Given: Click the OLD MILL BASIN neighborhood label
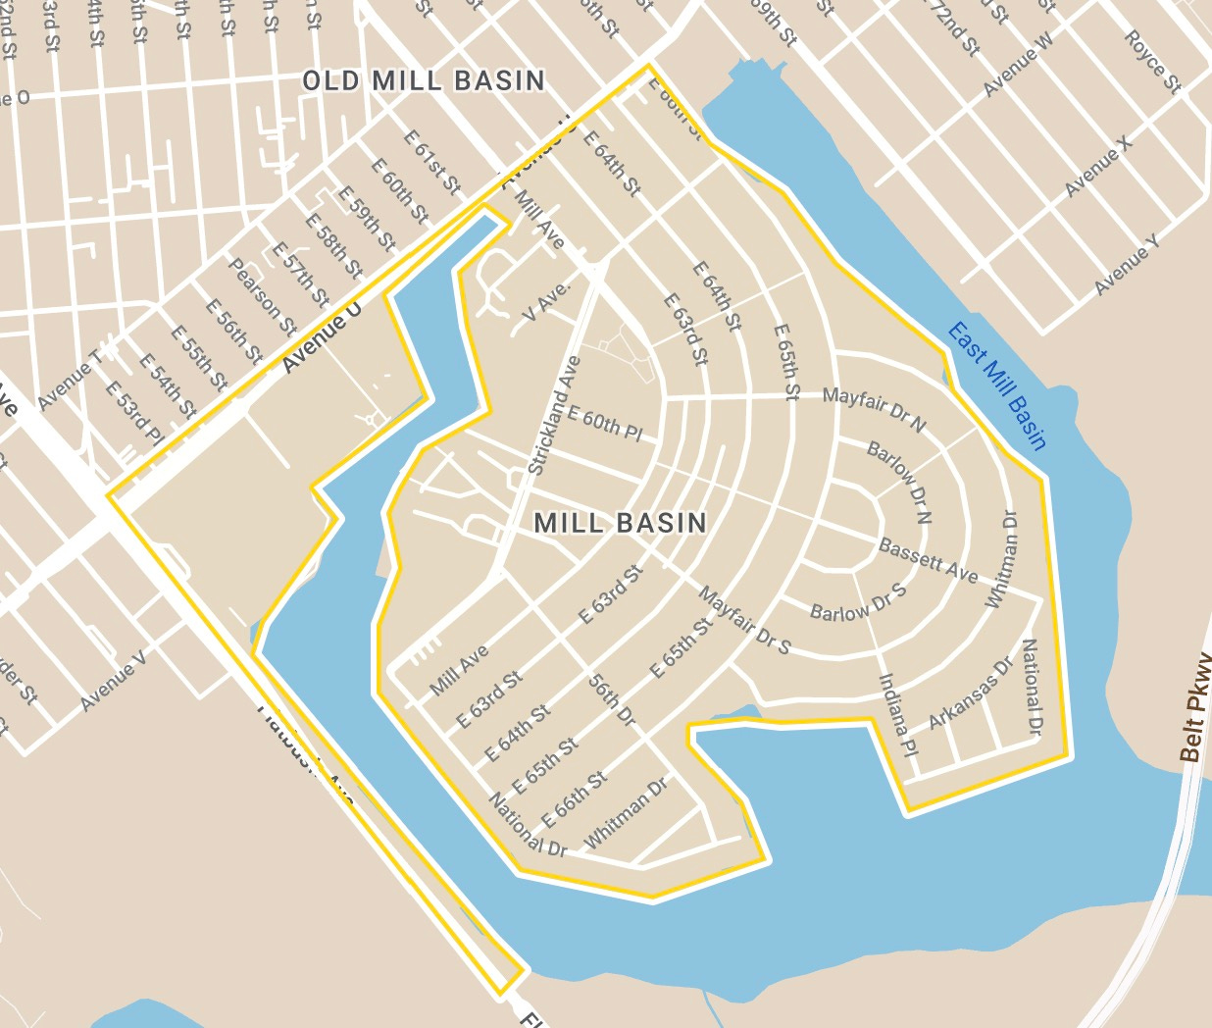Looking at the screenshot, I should click(423, 80).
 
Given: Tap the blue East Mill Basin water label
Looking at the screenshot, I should click(997, 385).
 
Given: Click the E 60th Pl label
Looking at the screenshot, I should click(604, 423).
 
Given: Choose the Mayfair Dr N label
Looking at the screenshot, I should click(874, 408).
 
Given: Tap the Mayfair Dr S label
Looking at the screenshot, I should click(744, 620).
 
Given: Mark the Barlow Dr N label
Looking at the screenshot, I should click(898, 482).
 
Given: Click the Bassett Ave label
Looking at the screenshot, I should click(928, 560).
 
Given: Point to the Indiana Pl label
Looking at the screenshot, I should click(896, 715).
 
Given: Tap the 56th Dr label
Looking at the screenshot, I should click(613, 699).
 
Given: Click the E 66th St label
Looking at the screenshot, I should click(575, 800).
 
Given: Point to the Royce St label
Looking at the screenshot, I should click(1152, 61).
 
